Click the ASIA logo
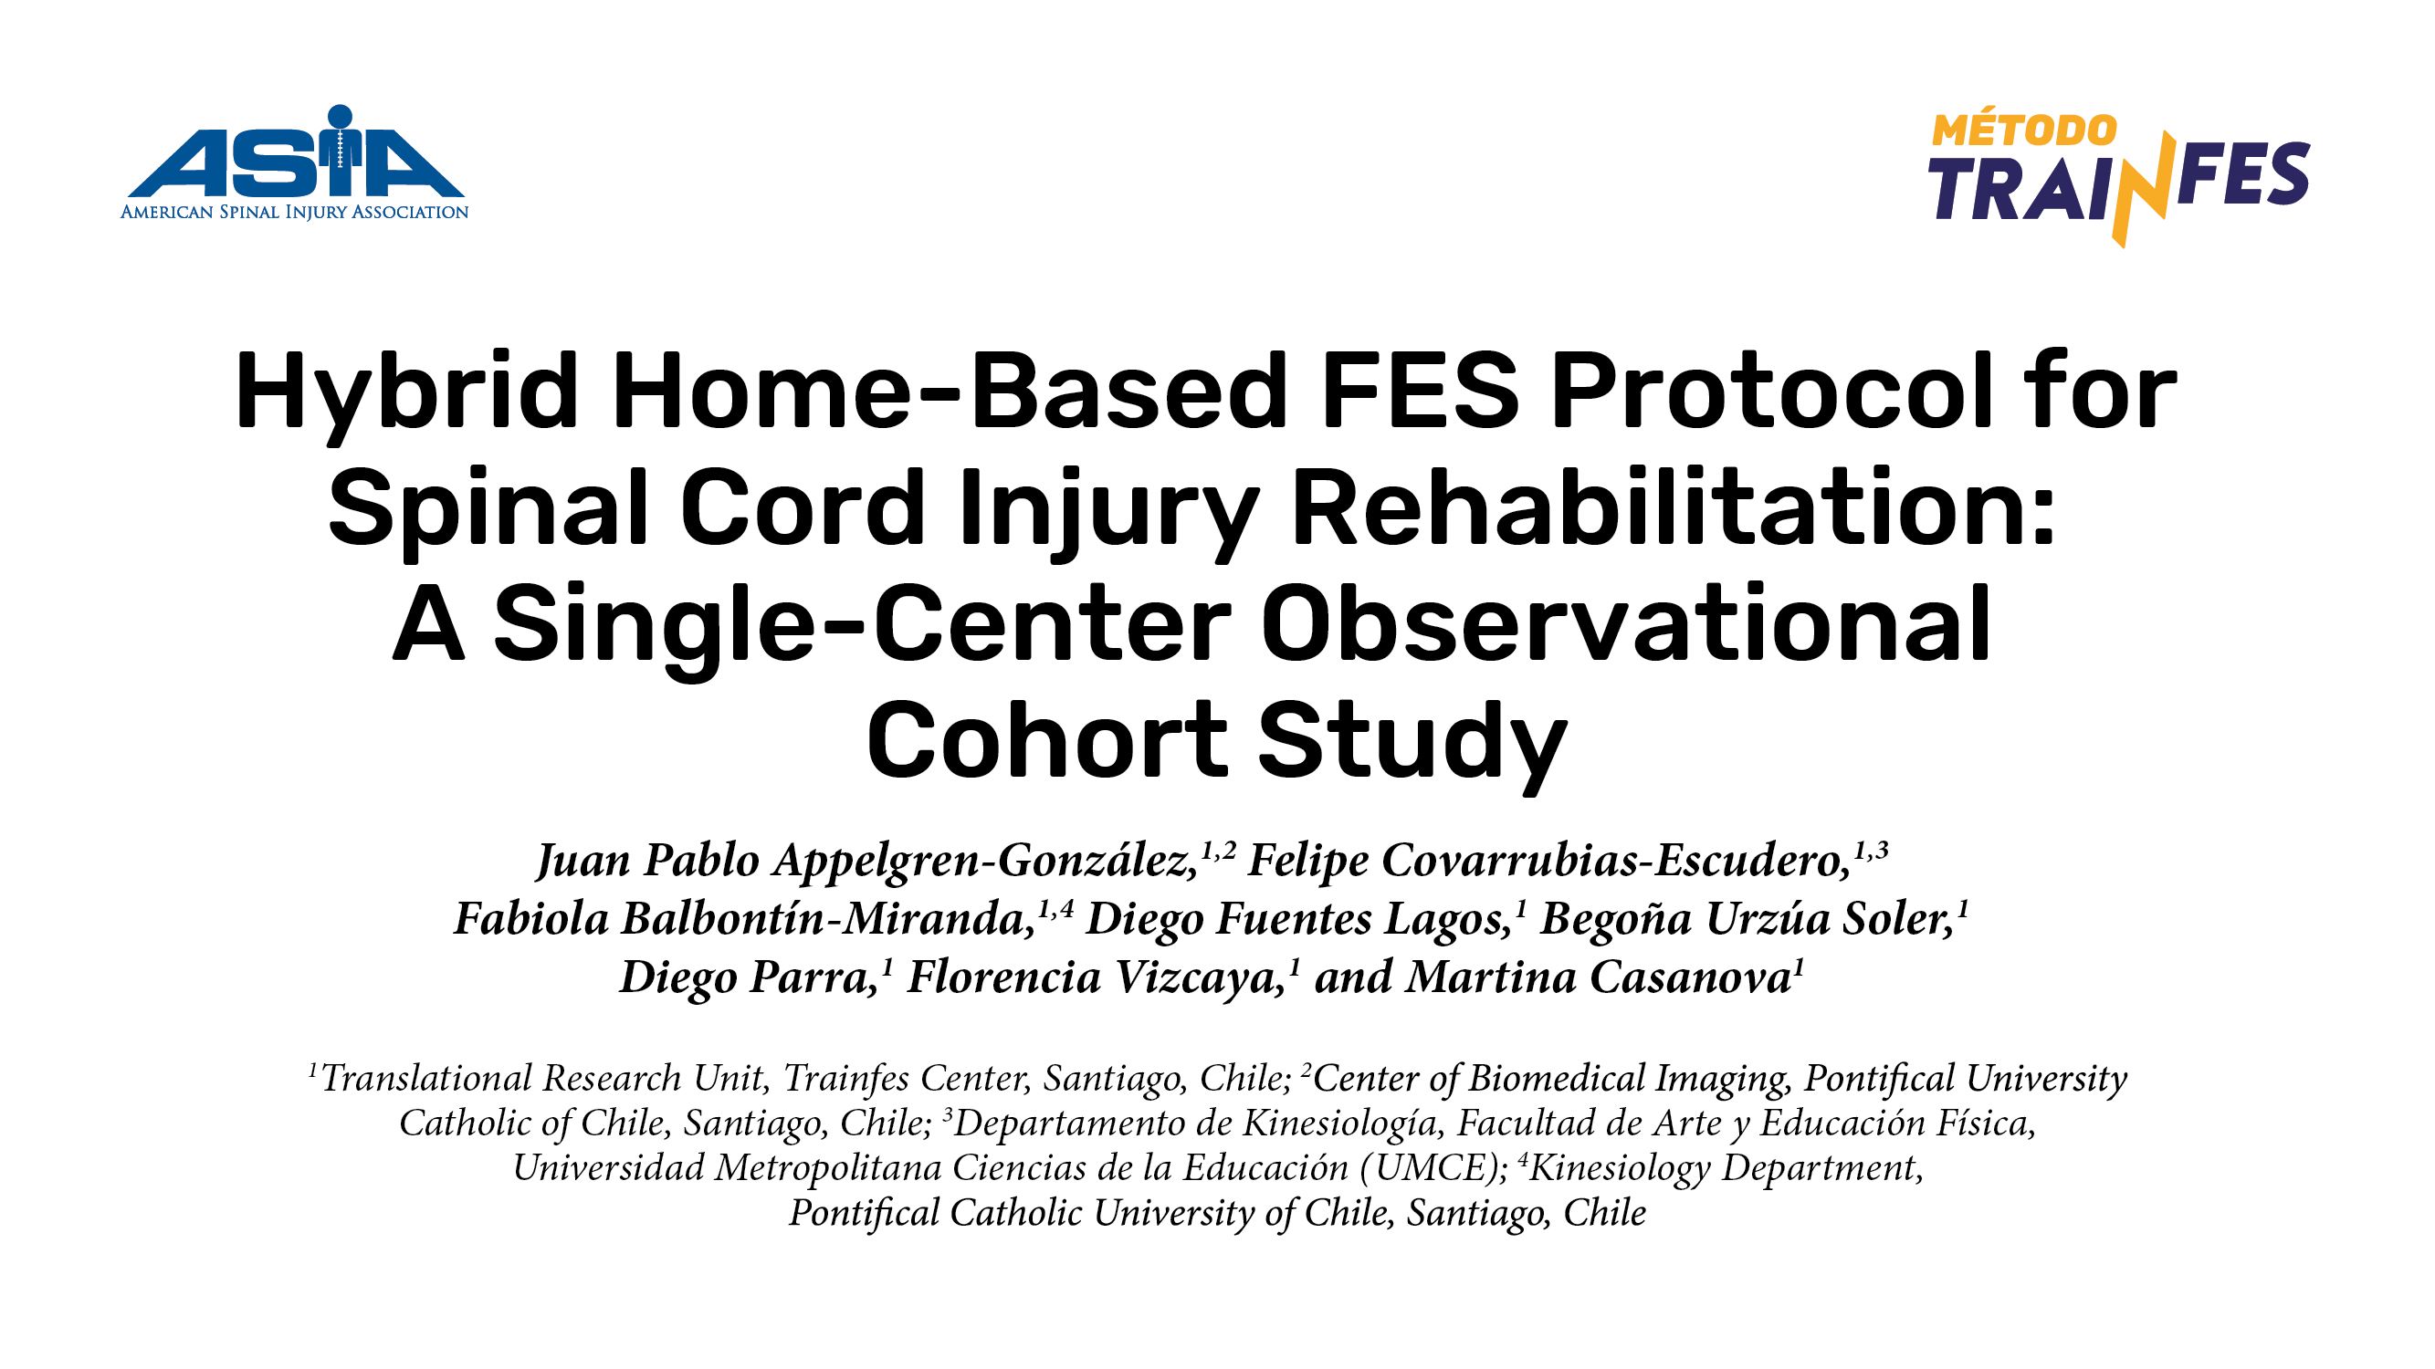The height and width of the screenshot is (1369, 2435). click(294, 162)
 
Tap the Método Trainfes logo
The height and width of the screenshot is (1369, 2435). click(2118, 179)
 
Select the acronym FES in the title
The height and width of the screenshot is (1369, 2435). click(1419, 390)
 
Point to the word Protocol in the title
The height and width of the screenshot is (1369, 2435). click(1771, 390)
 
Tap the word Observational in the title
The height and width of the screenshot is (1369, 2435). click(1626, 623)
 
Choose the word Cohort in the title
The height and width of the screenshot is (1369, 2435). click(1046, 740)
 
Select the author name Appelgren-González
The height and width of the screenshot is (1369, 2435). click(986, 861)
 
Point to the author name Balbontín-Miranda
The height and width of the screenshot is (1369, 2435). click(828, 918)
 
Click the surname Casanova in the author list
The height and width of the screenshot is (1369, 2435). click(1598, 977)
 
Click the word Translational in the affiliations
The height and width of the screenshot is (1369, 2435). click(428, 1078)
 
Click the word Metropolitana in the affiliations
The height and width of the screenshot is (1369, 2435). click(827, 1169)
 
